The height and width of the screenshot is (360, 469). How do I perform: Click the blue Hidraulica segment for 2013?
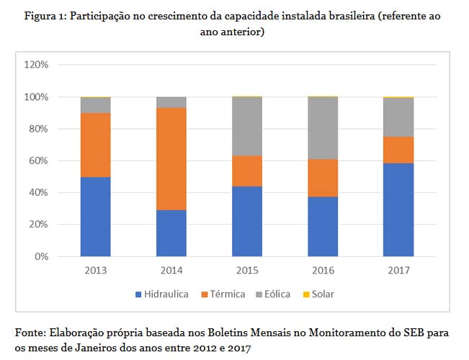96,217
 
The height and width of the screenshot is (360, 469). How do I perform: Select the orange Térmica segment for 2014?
171,158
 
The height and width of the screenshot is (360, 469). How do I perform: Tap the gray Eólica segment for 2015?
247,126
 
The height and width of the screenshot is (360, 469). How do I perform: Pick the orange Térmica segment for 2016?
323,178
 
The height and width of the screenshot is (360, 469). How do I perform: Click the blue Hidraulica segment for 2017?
398,210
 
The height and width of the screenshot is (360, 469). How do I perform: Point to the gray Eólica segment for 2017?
398,117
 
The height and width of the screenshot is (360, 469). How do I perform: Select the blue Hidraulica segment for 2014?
171,233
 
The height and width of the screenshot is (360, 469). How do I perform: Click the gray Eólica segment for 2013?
96,105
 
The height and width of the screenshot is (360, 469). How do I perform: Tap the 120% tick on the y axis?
36,65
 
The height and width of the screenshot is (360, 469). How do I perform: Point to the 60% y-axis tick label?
39,161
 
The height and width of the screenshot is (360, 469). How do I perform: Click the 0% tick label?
41,256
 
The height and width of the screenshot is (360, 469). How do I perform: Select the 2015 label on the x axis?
247,271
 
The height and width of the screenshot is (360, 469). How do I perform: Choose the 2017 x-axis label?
398,271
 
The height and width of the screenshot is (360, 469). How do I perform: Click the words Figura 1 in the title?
40,16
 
